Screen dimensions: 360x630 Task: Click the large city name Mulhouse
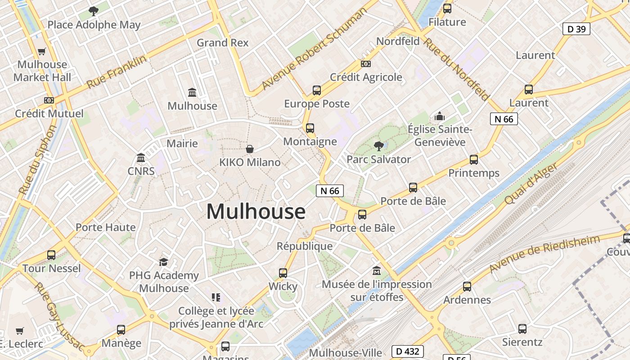pos(256,211)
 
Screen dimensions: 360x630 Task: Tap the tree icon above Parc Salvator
pos(378,146)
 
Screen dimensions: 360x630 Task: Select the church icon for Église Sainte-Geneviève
pos(440,117)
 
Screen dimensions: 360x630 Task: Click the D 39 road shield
pos(576,29)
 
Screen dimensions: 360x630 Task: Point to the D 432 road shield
pos(408,351)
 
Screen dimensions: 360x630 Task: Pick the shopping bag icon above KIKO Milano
pos(250,148)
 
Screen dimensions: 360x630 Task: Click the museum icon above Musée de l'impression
pos(377,271)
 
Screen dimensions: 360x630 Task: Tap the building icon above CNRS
pos(141,158)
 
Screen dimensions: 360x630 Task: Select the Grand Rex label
pos(222,43)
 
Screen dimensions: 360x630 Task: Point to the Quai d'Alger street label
pos(532,184)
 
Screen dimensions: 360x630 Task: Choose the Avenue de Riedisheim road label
pos(544,254)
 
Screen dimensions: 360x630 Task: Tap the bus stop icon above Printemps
pos(473,160)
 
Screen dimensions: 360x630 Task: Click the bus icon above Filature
pos(447,9)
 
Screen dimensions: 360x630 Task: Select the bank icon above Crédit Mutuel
pos(49,100)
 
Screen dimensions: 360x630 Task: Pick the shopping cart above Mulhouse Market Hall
pos(42,51)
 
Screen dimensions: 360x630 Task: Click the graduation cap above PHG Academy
pos(164,262)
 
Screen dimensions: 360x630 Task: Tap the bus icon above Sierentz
pos(522,329)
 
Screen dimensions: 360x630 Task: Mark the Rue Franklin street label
pos(117,72)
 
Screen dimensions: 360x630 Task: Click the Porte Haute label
pos(105,227)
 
